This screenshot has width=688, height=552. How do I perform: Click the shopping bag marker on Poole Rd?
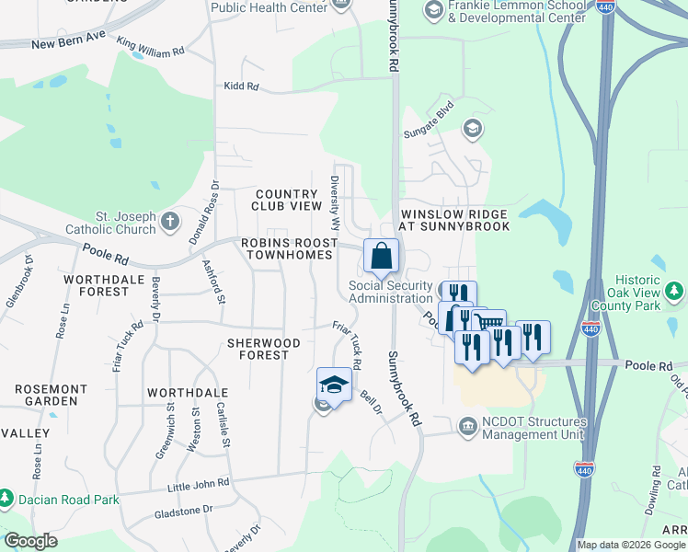point(381,256)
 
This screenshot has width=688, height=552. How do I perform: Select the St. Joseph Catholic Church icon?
point(170,221)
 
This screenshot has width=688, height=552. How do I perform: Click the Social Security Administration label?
point(390,292)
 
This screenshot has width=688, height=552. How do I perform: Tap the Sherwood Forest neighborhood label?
point(264,349)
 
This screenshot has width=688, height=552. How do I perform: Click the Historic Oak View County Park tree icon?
point(676,293)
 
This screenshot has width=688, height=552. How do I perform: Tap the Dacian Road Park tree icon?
point(6,500)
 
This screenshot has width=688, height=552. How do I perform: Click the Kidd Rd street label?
point(242,87)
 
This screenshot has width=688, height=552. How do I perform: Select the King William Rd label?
point(150,47)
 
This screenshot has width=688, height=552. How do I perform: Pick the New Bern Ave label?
point(70,43)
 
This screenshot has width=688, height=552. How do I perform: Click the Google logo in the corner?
point(30,541)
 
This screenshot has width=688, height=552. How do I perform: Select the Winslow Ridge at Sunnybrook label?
point(454,219)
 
